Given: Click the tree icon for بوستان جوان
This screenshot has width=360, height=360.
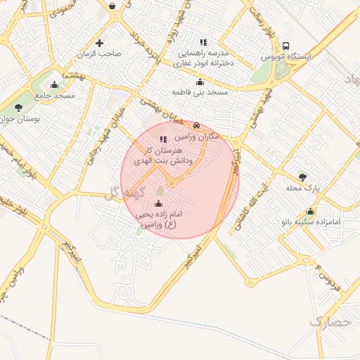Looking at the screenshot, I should (x=18, y=108).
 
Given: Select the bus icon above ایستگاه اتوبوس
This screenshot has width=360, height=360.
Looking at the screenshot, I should (x=285, y=45).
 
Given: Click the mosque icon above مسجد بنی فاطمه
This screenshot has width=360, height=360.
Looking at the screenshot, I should (x=200, y=82).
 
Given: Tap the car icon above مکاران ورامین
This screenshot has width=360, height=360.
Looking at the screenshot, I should (x=195, y=126).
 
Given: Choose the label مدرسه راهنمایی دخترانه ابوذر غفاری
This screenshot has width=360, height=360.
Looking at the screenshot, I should (x=203, y=57).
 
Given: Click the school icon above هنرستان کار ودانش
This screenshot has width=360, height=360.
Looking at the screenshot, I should (x=164, y=140).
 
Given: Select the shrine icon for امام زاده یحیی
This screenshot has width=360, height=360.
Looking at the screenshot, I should (x=157, y=205).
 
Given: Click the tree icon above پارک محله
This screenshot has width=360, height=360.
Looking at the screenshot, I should (x=302, y=176).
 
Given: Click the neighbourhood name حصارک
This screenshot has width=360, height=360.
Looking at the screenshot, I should (x=329, y=322).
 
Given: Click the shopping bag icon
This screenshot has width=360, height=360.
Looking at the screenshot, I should (x=112, y=6).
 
